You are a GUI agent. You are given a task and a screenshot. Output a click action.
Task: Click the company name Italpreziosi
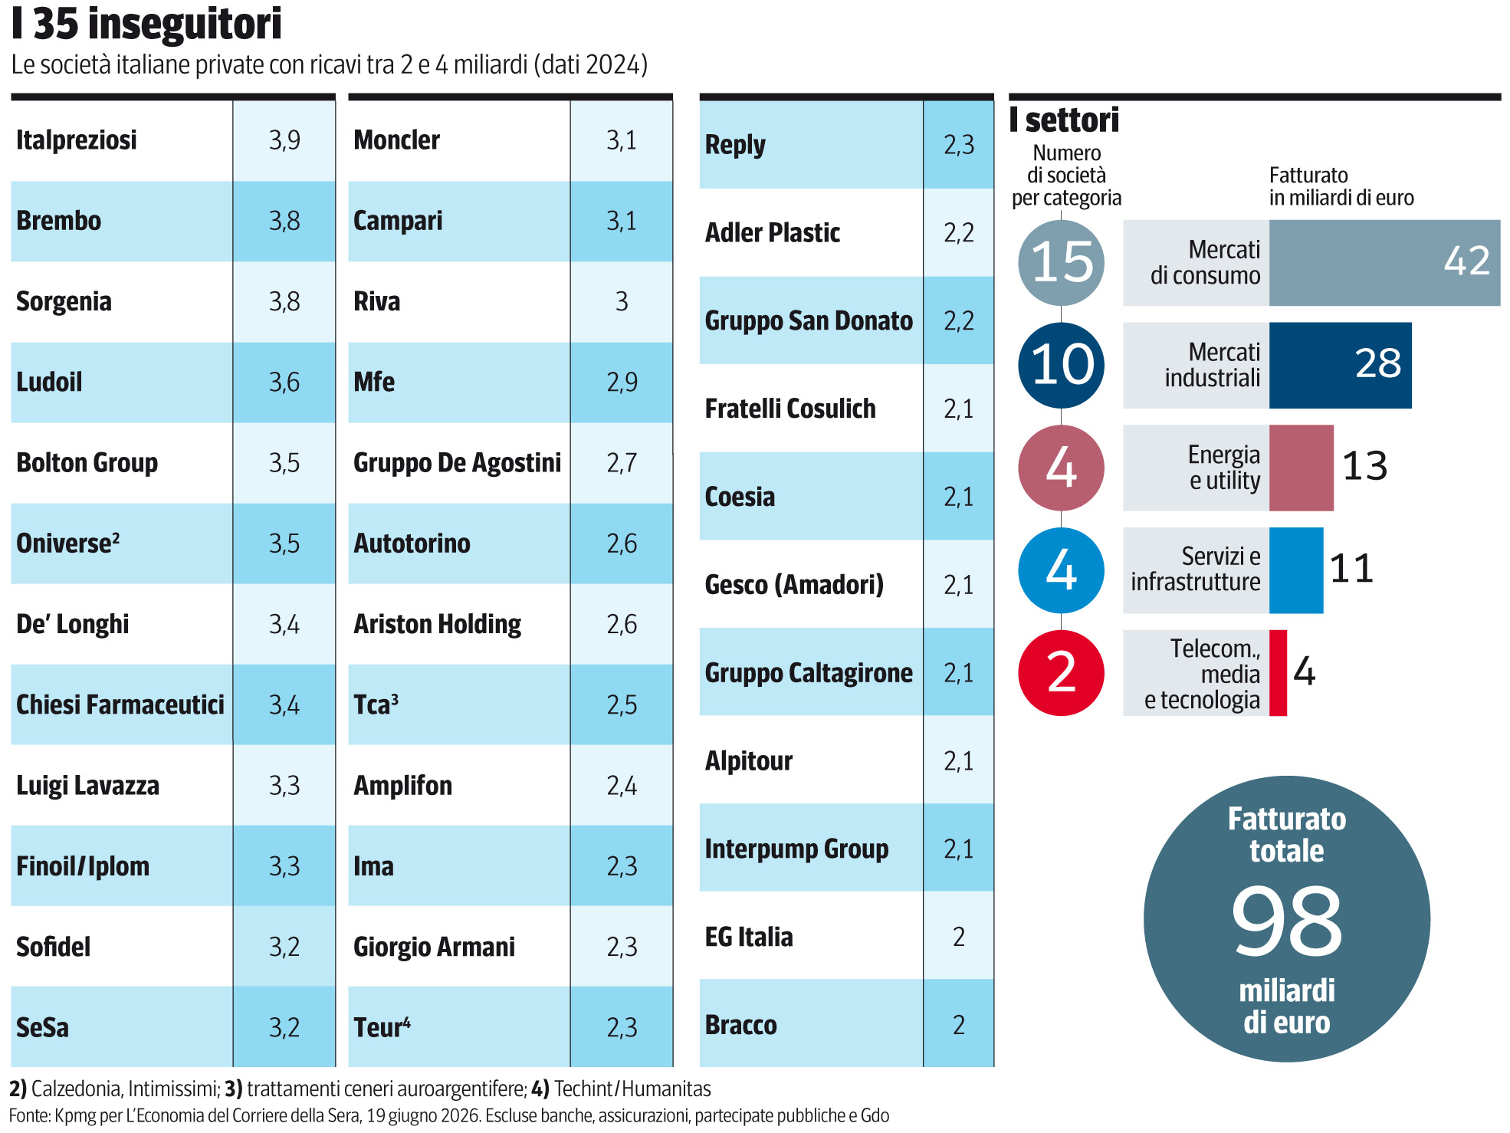77,140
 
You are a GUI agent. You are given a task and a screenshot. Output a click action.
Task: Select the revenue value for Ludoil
284,382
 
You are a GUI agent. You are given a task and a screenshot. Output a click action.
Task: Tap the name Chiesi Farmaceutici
120,704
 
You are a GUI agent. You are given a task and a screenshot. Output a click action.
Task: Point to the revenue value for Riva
622,301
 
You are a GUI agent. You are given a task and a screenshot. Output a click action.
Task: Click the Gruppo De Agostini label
458,463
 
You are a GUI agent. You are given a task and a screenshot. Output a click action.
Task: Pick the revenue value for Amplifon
622,786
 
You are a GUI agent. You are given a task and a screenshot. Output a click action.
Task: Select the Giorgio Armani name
434,947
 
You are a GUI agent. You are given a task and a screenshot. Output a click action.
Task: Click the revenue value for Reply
959,144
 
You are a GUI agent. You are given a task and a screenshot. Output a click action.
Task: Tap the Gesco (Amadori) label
794,585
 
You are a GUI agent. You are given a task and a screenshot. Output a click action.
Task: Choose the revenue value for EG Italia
959,937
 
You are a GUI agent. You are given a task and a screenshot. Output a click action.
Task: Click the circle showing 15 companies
1062,263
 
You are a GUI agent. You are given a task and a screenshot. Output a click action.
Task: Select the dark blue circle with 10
1062,365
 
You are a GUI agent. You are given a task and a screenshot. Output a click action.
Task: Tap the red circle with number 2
1062,673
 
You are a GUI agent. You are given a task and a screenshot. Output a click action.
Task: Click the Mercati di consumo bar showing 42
1384,263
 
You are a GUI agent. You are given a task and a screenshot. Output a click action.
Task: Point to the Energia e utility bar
1302,468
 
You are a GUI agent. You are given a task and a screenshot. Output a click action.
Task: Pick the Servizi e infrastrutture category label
1196,569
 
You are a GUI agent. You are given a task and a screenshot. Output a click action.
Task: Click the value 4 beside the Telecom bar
1305,672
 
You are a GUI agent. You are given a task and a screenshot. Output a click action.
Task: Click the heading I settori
1064,120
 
